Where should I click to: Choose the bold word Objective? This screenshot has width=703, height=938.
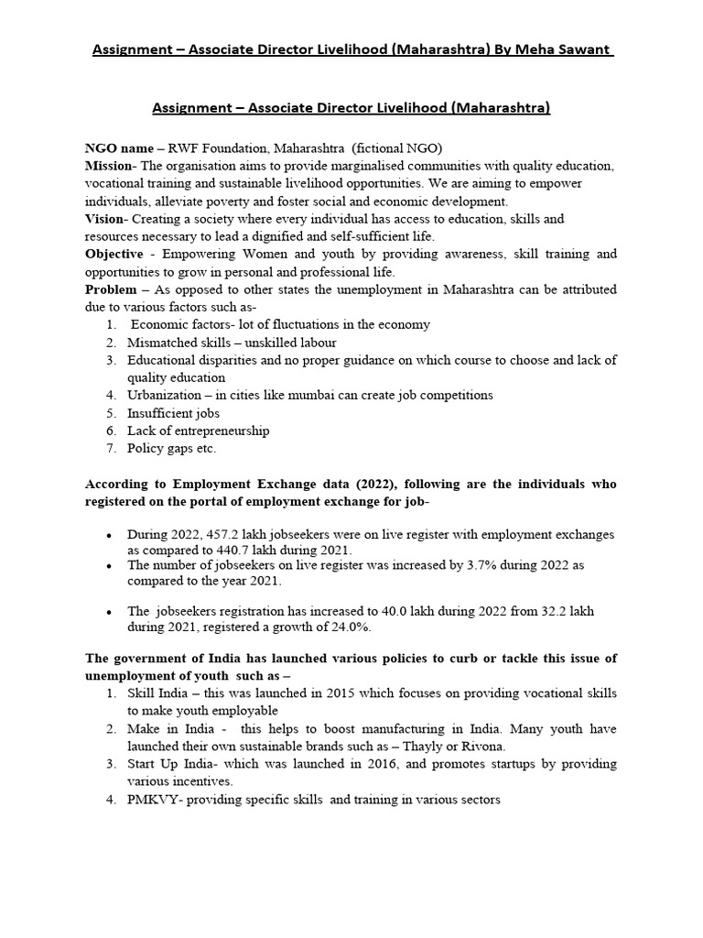point(114,254)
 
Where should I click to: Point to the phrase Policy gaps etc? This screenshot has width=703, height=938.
point(172,448)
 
